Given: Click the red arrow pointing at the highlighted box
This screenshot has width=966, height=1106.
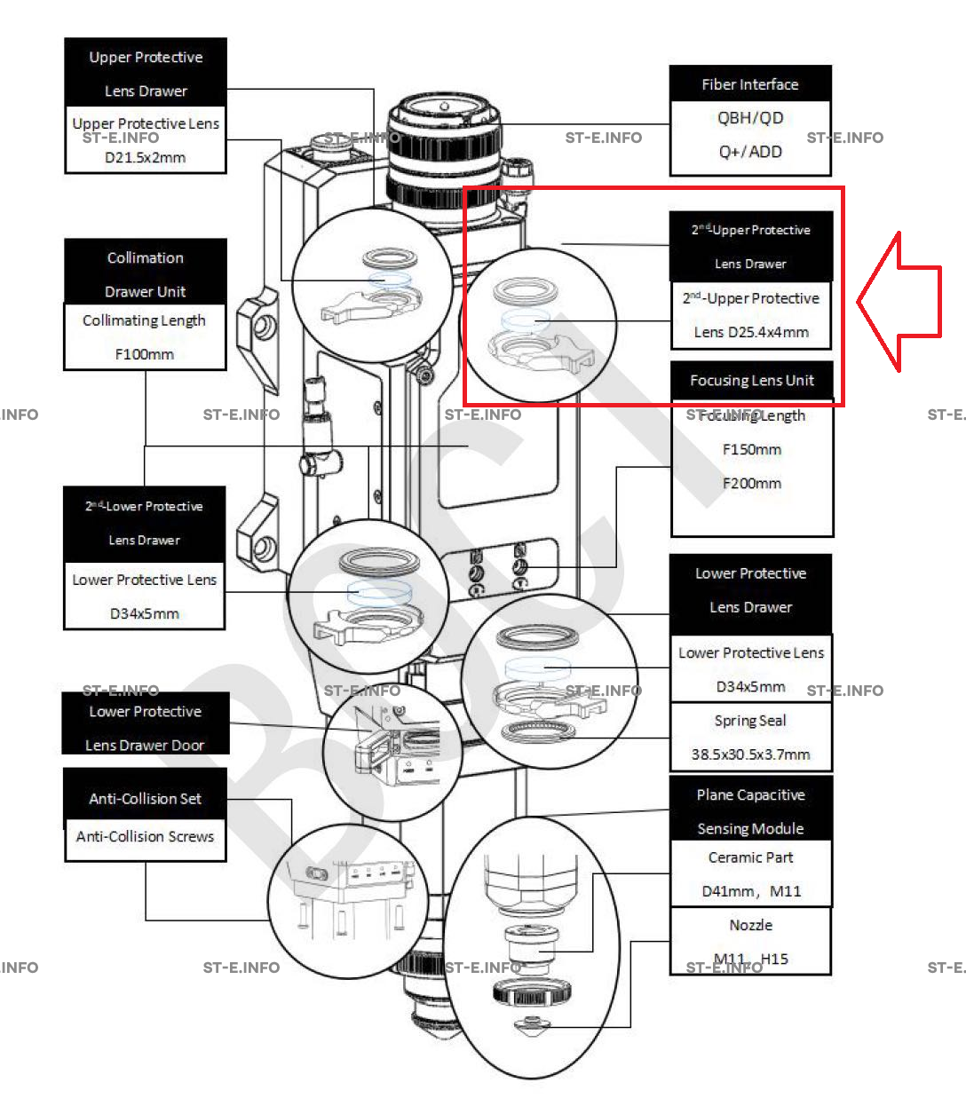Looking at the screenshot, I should pyautogui.click(x=901, y=302).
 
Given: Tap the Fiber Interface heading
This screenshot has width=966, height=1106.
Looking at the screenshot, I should pyautogui.click(x=750, y=84).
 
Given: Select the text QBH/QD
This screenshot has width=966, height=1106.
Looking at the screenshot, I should pyautogui.click(x=750, y=118).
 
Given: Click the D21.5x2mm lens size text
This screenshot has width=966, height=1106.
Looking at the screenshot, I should pyautogui.click(x=146, y=157).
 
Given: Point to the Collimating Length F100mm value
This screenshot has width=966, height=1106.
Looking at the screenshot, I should pyautogui.click(x=145, y=353).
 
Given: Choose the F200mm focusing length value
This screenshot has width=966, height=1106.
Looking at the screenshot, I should pyautogui.click(x=752, y=484).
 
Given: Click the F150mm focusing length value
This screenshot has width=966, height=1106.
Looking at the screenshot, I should pyautogui.click(x=752, y=449).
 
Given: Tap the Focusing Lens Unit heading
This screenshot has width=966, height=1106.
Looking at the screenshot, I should pyautogui.click(x=752, y=381).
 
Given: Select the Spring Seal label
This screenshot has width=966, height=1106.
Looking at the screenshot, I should pyautogui.click(x=750, y=721).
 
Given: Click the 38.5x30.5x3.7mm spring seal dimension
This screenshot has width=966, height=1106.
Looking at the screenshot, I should pyautogui.click(x=750, y=754).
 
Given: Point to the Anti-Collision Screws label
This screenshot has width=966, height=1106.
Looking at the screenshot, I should pyautogui.click(x=145, y=836).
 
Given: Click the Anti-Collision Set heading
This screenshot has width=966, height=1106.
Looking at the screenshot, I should pyautogui.click(x=145, y=798).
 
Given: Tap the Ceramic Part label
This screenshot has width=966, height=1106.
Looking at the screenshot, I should pyautogui.click(x=750, y=857).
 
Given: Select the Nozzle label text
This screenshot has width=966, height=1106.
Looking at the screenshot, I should pyautogui.click(x=750, y=925).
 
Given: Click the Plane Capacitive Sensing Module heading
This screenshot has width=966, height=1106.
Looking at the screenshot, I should pyautogui.click(x=750, y=811).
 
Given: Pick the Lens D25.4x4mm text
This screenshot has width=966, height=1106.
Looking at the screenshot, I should pyautogui.click(x=751, y=332).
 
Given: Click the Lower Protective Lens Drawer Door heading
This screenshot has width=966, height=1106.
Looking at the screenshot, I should pyautogui.click(x=145, y=728).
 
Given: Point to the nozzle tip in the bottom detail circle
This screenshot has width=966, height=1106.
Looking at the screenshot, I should pyautogui.click(x=532, y=1025).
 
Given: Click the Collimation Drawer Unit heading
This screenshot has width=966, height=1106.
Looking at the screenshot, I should pyautogui.click(x=145, y=274).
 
